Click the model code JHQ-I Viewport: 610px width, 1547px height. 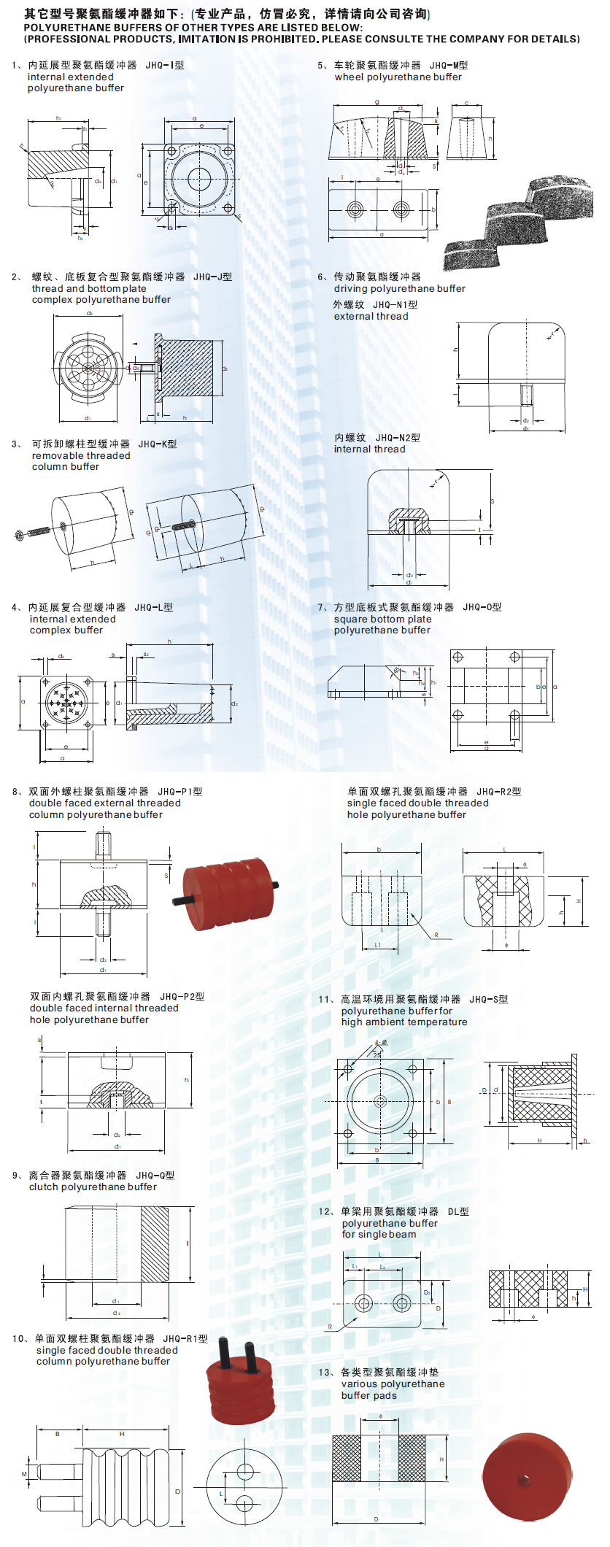coord(164,65)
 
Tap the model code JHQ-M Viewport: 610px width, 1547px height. coord(448,65)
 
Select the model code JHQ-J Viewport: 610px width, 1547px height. coord(212,277)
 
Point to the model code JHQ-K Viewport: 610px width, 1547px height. coord(157,444)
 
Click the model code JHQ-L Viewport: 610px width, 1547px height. coord(153,607)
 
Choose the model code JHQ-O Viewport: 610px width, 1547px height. coord(482,607)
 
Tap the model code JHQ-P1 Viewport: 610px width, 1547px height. coord(179,791)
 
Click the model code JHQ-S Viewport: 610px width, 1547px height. coord(488,999)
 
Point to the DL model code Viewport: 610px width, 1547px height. coord(458,1211)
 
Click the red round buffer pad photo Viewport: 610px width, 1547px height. coord(527,1477)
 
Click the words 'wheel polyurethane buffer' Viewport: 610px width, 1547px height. coord(398,77)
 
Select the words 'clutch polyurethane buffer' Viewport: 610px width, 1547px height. coord(93,1187)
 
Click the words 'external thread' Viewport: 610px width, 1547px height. coord(371,316)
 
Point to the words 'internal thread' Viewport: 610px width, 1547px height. coord(369,449)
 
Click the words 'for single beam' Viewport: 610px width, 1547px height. coord(379,1234)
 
